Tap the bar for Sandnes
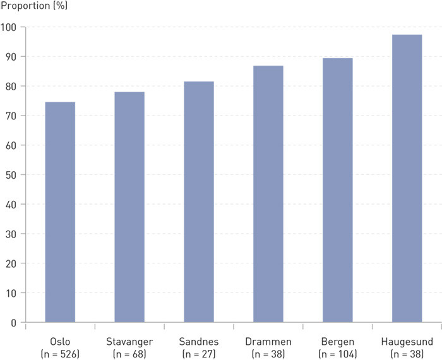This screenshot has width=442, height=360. tap(199, 202)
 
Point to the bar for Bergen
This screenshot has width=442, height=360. tap(338, 190)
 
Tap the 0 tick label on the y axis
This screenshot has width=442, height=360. tap(13, 323)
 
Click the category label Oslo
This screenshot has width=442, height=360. tap(60, 342)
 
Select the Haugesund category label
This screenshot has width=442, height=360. tap(407, 342)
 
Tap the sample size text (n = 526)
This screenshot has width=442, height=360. tap(60, 354)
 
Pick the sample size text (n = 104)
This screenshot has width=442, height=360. tap(338, 354)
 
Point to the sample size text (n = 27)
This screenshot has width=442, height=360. tap(199, 354)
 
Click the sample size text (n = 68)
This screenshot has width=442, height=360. tap(129, 354)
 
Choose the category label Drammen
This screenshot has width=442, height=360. tap(268, 342)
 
